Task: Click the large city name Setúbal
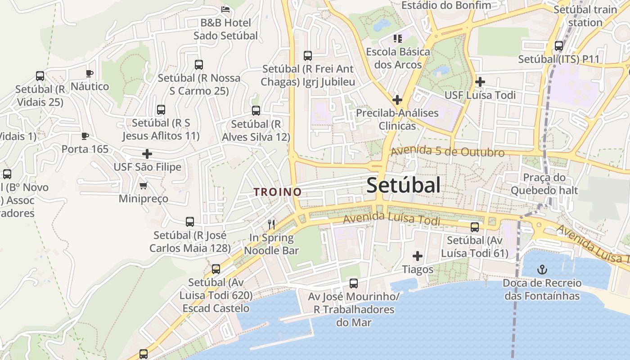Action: click(403, 185)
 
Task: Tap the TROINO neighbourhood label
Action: click(277, 192)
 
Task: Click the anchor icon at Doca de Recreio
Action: click(542, 270)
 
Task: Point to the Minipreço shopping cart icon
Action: click(144, 185)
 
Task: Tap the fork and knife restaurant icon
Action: click(271, 224)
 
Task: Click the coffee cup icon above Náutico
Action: click(90, 73)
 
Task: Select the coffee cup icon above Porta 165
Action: click(85, 136)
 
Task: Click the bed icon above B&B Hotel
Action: click(226, 9)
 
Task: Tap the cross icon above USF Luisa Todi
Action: click(480, 82)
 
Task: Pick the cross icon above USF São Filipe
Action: click(147, 154)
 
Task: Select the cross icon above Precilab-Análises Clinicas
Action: click(397, 99)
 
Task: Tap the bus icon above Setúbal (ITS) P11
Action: click(559, 46)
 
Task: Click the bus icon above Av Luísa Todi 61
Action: click(475, 227)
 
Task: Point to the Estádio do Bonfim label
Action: click(446, 5)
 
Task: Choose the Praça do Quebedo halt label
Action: click(544, 184)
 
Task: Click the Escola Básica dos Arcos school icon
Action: click(397, 39)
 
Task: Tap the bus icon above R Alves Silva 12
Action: click(256, 111)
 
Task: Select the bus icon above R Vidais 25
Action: click(40, 76)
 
